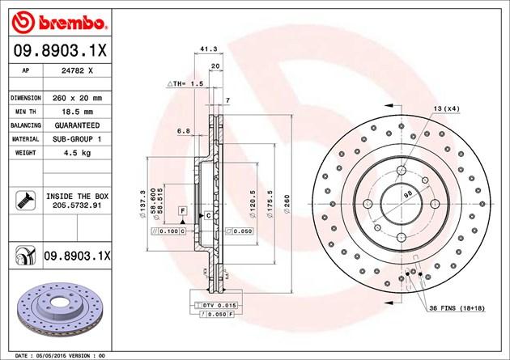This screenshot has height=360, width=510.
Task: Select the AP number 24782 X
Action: (x=77, y=70)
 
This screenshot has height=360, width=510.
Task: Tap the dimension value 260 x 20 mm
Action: (x=77, y=98)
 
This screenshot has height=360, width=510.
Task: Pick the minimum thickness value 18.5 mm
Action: (x=77, y=112)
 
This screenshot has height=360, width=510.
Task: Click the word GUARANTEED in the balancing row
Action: (x=77, y=125)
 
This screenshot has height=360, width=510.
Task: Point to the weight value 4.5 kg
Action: (x=77, y=153)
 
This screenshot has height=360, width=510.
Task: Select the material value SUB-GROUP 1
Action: (x=77, y=139)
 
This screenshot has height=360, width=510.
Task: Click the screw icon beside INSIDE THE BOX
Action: (x=25, y=201)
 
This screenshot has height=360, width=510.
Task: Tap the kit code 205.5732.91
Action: (x=77, y=205)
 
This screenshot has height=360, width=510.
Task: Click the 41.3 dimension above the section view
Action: (x=209, y=49)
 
